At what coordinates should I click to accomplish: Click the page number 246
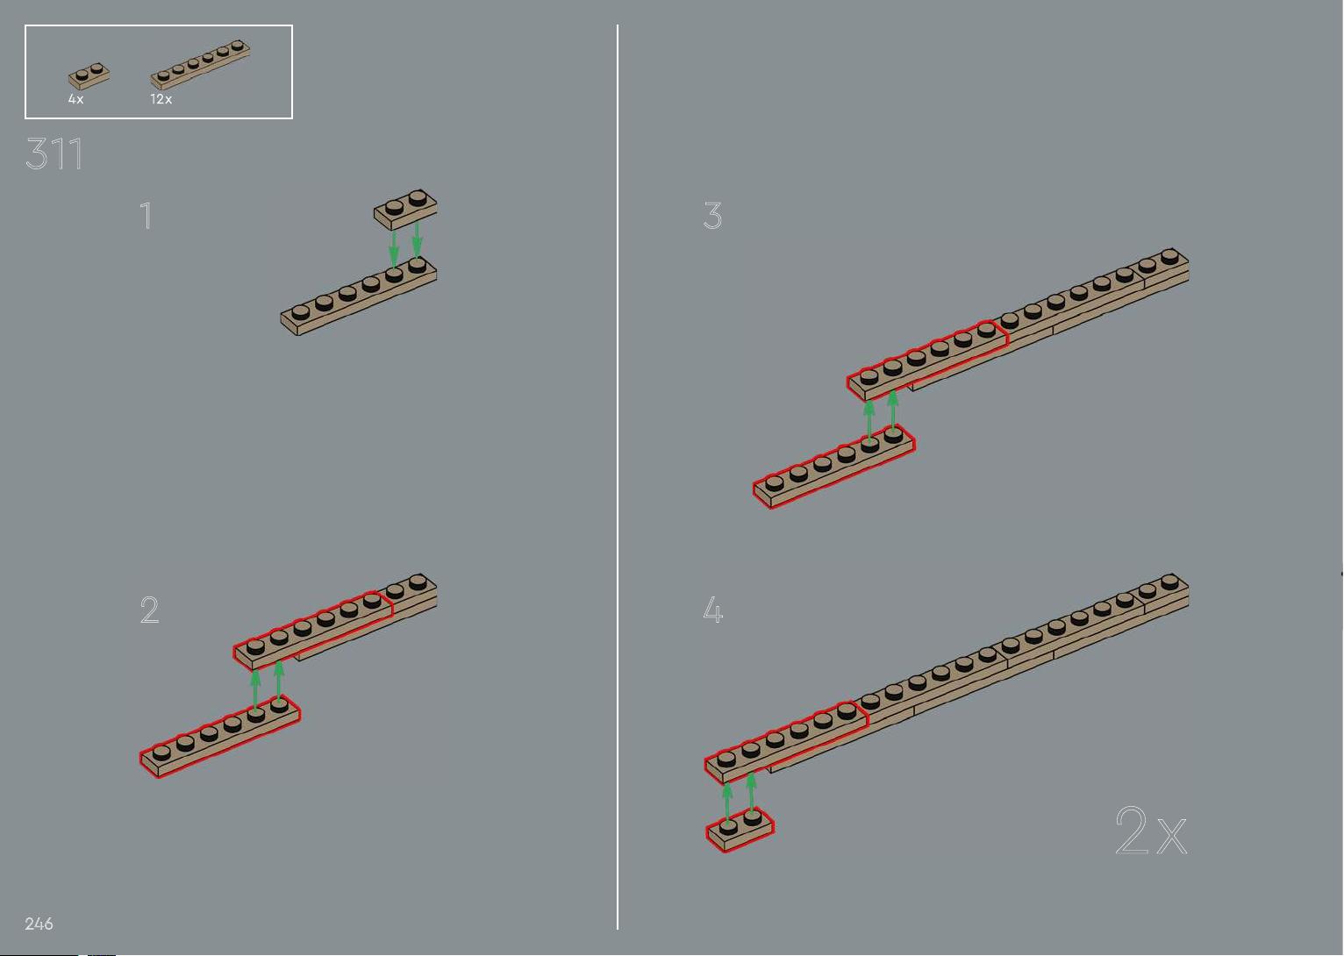coord(39,924)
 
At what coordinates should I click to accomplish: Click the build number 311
coord(54,153)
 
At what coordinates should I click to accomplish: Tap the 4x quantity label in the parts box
coord(75,99)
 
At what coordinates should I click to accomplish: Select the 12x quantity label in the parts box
coord(161,99)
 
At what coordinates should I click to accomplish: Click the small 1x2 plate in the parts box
coord(89,77)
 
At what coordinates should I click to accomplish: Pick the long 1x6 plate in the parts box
coord(200,65)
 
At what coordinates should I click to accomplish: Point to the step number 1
coord(146,215)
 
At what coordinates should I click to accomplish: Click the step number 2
coord(149,610)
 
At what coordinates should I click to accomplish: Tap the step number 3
coord(713,215)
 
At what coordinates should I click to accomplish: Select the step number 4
coord(713,610)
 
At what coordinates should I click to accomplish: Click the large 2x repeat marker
coord(1151,831)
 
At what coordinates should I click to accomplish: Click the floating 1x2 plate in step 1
coord(405,210)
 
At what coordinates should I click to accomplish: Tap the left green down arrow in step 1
coord(394,249)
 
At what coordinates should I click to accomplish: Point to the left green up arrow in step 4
coord(727,803)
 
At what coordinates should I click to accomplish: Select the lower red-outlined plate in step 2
coord(220,737)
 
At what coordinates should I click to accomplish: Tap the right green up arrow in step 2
coord(279,680)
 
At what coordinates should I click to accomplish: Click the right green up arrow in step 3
coord(893,410)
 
